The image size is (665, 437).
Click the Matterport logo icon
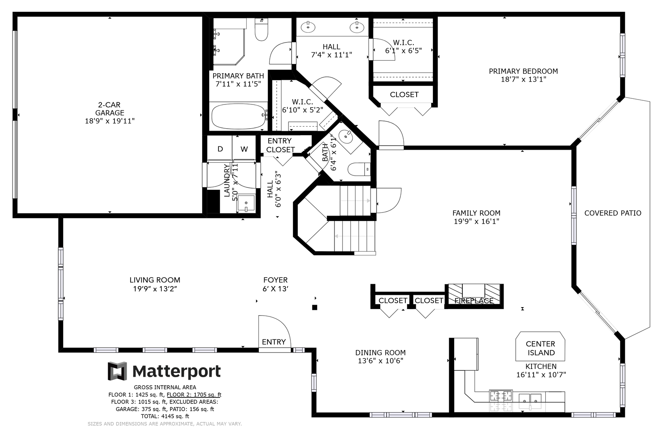coord(117,371)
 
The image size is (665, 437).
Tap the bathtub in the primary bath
coord(239,116)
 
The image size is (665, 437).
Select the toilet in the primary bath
coord(261,29)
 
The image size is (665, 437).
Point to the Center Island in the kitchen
coord(540,346)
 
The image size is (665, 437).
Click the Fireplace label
coord(474,301)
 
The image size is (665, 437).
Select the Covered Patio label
coord(613,213)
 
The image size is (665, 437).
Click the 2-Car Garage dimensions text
coord(110,121)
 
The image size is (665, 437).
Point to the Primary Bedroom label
coord(523,71)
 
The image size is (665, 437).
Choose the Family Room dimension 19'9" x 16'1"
coord(477,221)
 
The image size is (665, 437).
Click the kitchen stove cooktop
coord(501,396)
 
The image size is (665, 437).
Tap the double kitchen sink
coord(530,401)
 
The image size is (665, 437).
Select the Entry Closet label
coord(280,145)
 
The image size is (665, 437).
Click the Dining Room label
coord(380,352)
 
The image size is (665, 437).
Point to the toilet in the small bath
coord(359,170)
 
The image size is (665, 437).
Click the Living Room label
coord(155,280)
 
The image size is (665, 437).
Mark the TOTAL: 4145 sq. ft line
coord(165,416)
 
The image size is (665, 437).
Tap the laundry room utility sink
coord(246,204)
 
